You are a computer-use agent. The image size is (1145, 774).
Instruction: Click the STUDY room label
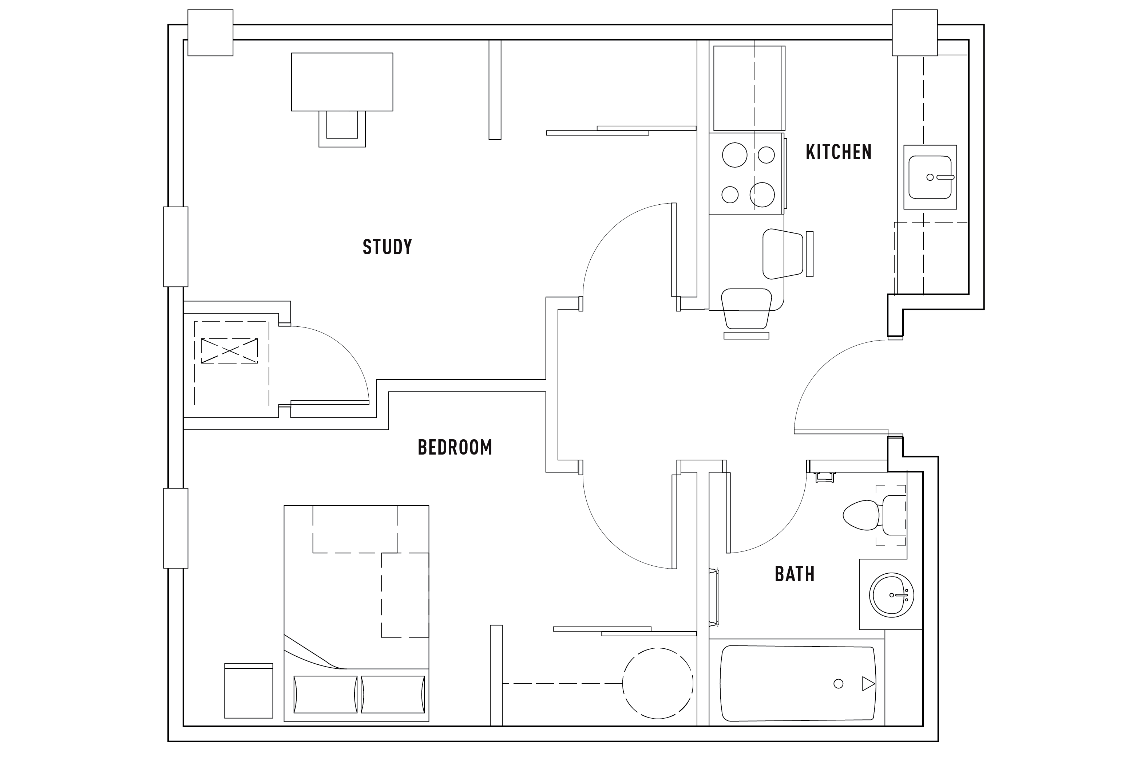(387, 247)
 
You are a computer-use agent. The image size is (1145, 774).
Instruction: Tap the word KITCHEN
(838, 152)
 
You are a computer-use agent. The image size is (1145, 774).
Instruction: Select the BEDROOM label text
(454, 447)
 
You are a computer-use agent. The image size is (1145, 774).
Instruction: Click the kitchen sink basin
(930, 177)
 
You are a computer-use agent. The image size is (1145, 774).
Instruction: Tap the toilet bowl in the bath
(861, 515)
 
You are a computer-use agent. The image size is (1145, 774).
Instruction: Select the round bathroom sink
(891, 595)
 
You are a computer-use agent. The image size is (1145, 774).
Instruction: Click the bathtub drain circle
(838, 683)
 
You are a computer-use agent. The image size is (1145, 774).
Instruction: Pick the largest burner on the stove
(734, 155)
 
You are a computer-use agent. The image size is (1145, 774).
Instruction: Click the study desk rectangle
(342, 82)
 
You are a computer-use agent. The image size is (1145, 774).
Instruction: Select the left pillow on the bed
(325, 694)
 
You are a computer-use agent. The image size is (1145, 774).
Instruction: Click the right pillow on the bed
(393, 694)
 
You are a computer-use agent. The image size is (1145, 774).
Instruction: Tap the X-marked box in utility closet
(229, 351)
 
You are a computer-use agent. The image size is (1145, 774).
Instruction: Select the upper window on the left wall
(176, 247)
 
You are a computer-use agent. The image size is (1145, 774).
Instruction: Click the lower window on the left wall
(176, 528)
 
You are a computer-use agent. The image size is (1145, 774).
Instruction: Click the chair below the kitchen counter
(746, 309)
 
